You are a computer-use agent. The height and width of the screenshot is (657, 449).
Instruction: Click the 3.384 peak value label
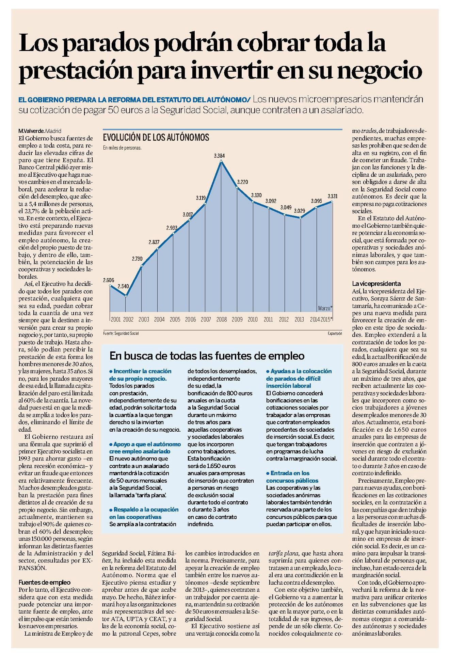[219, 156]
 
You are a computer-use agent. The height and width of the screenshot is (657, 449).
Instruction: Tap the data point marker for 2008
[222, 161]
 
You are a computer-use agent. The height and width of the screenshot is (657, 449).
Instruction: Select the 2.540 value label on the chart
[123, 286]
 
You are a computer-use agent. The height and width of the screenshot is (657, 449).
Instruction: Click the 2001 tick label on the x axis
[116, 319]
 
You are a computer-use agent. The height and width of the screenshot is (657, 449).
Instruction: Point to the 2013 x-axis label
[299, 319]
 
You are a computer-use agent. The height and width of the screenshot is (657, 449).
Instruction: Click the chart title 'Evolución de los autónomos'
[156, 137]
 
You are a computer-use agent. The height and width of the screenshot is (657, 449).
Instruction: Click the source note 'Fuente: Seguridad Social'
[121, 333]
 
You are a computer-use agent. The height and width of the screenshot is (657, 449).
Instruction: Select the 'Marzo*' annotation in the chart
[325, 308]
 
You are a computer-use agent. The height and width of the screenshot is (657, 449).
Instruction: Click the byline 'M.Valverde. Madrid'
[40, 131]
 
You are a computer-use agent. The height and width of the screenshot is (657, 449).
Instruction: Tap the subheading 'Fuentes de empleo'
[45, 582]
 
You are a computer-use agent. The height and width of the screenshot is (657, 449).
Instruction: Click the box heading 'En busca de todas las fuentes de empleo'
[207, 356]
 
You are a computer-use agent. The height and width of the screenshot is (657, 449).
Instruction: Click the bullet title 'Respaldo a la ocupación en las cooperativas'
[144, 513]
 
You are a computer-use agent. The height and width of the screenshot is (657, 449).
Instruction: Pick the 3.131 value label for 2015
[332, 196]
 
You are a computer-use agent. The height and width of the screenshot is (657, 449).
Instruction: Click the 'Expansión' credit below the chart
[335, 333]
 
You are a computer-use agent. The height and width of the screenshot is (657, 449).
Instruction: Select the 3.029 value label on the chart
[299, 211]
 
